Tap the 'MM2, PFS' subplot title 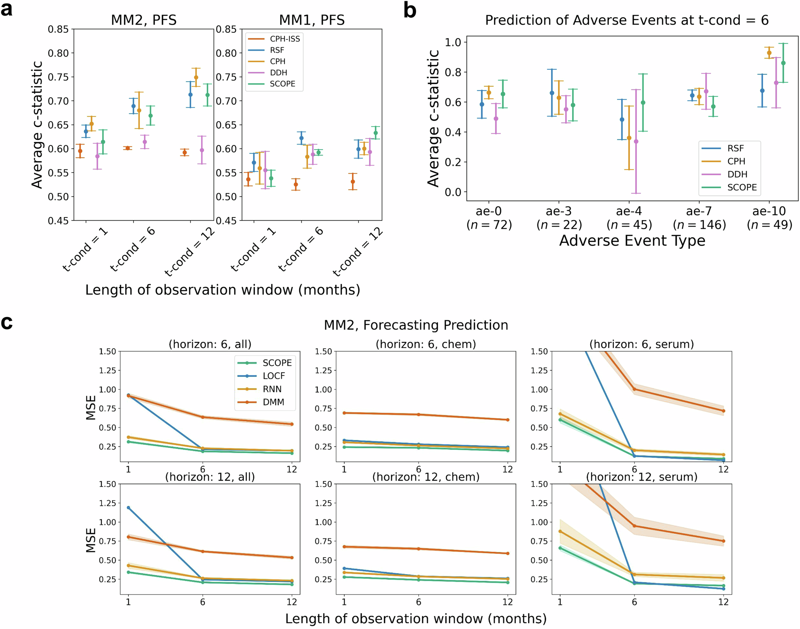144,20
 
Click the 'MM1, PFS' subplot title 312,20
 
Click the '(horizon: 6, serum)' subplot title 642,344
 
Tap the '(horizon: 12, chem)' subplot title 426,477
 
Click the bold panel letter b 410,11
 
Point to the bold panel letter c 7,323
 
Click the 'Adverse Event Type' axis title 632,241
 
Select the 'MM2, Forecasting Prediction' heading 416,325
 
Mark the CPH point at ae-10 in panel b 769,53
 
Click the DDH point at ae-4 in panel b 636,141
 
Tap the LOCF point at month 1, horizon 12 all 128,508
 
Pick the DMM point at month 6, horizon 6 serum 634,389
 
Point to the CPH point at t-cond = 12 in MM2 196,77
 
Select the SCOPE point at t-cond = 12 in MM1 375,133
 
